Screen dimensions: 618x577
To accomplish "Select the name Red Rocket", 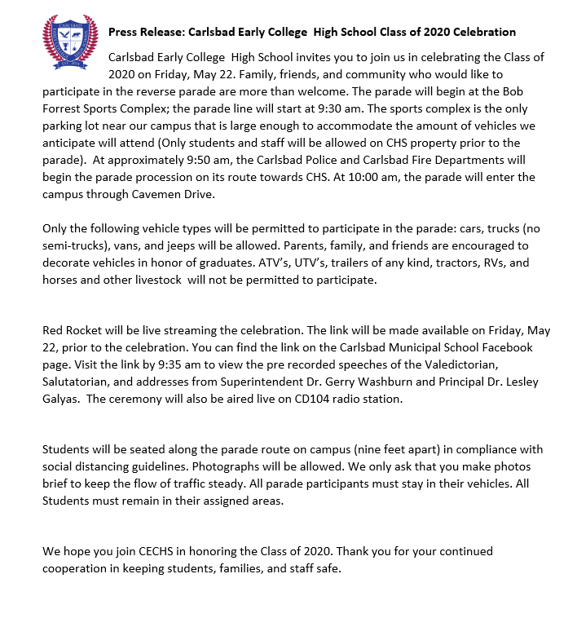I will [73, 330].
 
